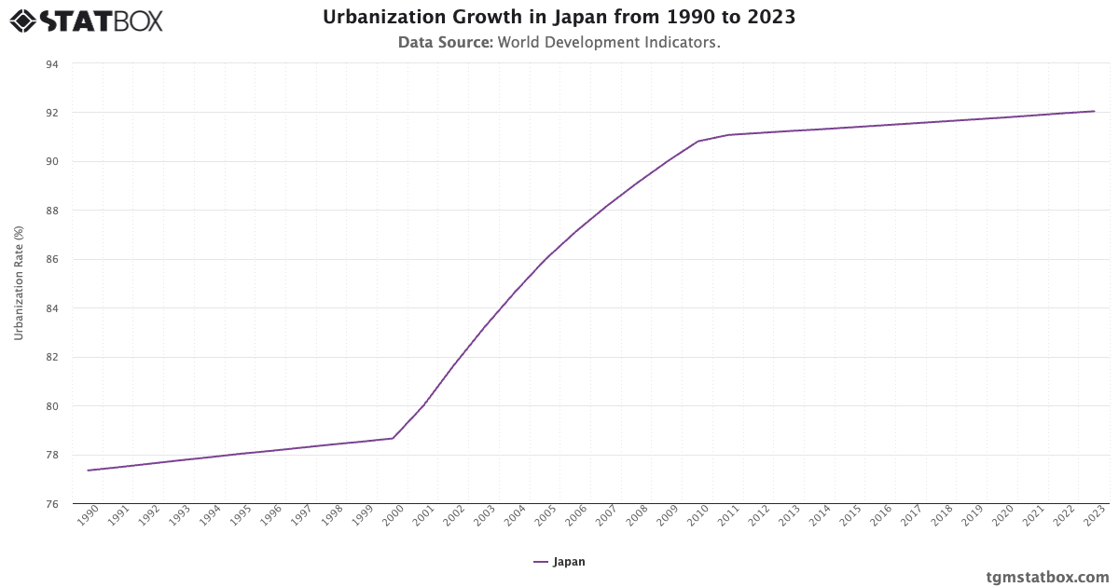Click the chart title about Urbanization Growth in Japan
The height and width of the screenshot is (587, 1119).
[559, 18]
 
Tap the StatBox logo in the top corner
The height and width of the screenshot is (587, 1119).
[86, 20]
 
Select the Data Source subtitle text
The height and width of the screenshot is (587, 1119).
[559, 43]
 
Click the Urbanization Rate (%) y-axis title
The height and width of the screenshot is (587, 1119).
[19, 282]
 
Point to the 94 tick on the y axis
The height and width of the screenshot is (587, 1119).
[51, 64]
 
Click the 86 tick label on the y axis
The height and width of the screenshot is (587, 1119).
[51, 260]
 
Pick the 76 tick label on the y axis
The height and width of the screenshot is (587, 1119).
[51, 504]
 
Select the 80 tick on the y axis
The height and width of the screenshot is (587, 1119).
[51, 406]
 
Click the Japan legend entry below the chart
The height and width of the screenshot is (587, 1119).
[559, 562]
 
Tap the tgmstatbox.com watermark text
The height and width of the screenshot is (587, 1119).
[1047, 577]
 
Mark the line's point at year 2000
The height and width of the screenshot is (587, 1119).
[393, 438]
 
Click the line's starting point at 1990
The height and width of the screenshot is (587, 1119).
[88, 471]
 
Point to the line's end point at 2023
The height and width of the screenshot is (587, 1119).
[1095, 111]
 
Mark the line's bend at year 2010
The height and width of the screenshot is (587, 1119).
[698, 141]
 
